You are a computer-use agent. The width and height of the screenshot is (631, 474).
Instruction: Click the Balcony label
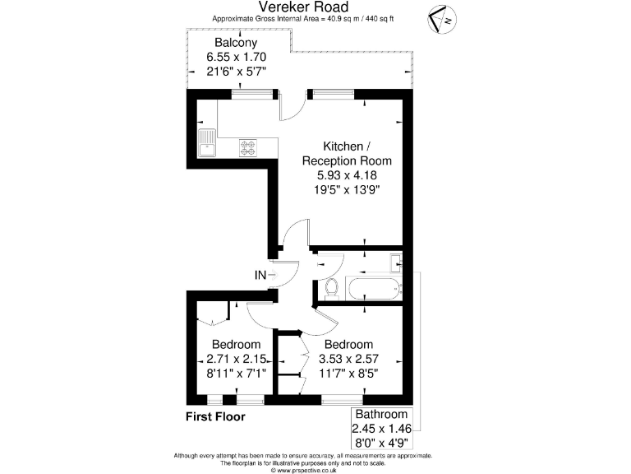(236, 43)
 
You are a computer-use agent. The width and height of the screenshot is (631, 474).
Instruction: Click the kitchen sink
(205, 143)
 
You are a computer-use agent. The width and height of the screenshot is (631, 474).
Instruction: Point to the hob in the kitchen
(248, 147)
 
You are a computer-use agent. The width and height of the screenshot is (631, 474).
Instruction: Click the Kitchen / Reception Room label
(347, 153)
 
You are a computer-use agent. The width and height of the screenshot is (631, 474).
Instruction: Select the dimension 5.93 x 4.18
(347, 175)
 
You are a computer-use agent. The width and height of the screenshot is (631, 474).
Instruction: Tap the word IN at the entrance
(260, 276)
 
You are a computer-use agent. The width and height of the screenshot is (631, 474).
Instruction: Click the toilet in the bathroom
(332, 288)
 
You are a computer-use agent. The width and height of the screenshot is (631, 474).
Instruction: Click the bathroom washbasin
(395, 263)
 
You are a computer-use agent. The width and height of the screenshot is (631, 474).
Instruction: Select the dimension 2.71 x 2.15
(236, 359)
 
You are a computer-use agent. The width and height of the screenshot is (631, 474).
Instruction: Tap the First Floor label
(215, 416)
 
